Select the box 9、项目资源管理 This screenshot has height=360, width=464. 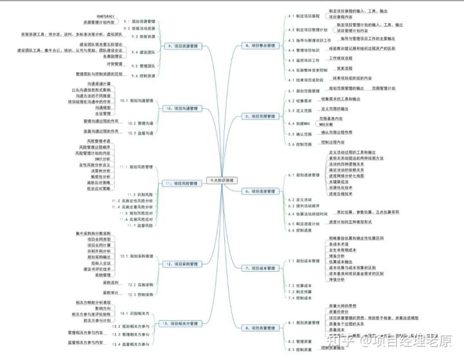tap(181, 46)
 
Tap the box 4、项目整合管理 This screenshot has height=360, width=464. tap(259, 46)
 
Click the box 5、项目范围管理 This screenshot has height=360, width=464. tap(259, 116)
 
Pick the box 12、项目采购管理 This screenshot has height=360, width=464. tap(181, 263)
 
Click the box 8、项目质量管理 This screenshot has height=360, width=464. tap(259, 327)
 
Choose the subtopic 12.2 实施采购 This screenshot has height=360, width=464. tap(140, 283)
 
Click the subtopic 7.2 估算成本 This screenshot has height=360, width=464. tap(300, 285)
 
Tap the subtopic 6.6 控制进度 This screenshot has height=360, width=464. tap(300, 230)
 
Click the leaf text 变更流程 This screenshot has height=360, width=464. tap(345, 68)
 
